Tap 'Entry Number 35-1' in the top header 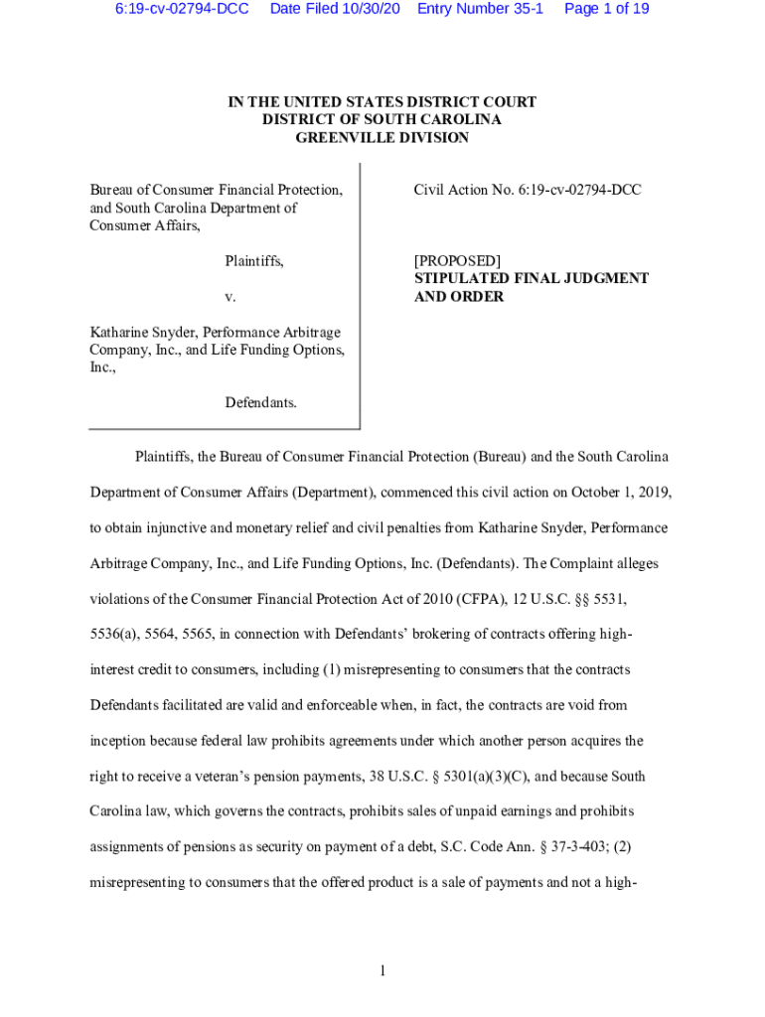click(480, 9)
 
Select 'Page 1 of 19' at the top click(606, 9)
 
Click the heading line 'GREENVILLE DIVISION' click(382, 138)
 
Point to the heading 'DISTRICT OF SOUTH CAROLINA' click(382, 120)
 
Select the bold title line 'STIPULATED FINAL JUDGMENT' click(532, 279)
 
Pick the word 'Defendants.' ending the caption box click(260, 403)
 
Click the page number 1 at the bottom click(382, 970)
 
